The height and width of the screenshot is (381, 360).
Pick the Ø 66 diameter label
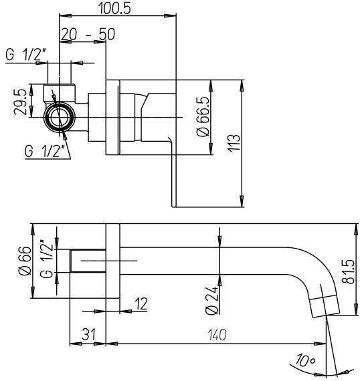[23, 261]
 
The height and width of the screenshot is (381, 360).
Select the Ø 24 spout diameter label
[212, 300]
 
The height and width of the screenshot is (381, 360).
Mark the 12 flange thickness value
[141, 303]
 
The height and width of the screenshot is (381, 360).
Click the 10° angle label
[307, 362]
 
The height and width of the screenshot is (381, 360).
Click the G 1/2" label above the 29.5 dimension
[26, 55]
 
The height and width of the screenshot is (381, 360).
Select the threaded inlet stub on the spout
[88, 260]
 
